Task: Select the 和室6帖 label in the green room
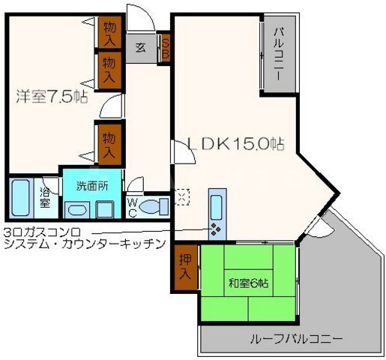click(248, 283)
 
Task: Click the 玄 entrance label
click(140, 46)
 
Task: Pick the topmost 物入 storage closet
click(109, 32)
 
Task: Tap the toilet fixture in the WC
click(156, 205)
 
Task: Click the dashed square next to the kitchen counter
click(182, 196)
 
